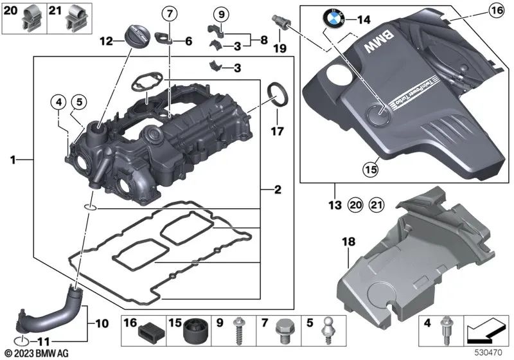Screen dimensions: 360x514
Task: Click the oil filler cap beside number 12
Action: [137, 35]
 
